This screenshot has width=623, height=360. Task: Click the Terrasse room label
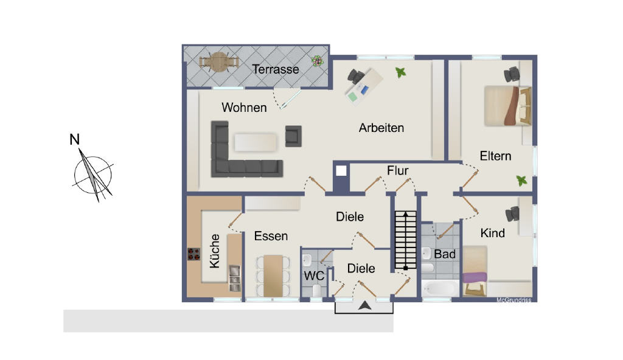click(x=276, y=69)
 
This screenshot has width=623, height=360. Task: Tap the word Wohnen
click(x=244, y=107)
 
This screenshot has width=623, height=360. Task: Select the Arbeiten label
click(x=381, y=128)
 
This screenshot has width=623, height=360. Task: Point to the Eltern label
click(x=495, y=156)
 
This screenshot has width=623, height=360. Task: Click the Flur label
click(x=397, y=170)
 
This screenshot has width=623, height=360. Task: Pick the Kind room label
click(x=492, y=233)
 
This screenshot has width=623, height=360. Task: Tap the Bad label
click(x=445, y=254)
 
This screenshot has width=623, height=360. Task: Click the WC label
click(x=314, y=275)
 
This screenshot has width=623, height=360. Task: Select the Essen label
click(x=271, y=236)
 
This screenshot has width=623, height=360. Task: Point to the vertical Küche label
click(x=214, y=251)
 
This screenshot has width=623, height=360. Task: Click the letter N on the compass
click(x=74, y=139)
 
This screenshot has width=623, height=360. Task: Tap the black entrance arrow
click(x=365, y=305)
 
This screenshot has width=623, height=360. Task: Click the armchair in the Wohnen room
click(x=293, y=136)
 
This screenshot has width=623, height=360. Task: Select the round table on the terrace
click(x=219, y=62)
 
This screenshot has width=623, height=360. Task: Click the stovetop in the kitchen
click(x=194, y=254)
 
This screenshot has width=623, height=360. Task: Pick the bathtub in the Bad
click(x=440, y=288)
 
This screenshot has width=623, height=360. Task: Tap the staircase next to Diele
click(x=405, y=240)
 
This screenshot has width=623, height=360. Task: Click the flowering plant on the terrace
click(x=317, y=61)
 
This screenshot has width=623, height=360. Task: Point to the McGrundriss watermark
click(x=513, y=300)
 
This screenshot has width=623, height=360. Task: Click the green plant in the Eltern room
click(x=521, y=181)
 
